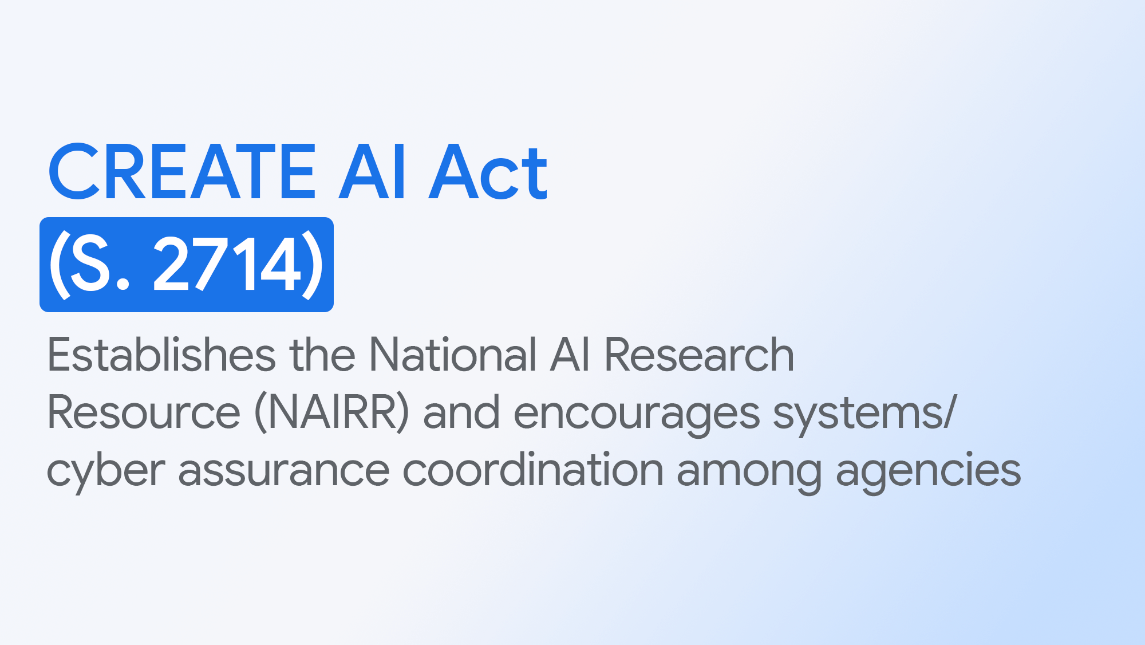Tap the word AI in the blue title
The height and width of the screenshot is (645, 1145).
click(x=372, y=172)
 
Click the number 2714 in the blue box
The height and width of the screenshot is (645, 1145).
click(x=227, y=265)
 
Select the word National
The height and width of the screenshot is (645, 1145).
click(x=453, y=355)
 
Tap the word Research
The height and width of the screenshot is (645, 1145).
click(x=699, y=355)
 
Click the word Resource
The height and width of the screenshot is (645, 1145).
click(x=144, y=412)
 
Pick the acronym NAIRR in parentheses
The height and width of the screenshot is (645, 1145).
click(x=332, y=412)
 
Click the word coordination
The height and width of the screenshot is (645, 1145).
click(x=533, y=470)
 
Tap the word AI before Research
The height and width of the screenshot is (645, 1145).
click(x=570, y=355)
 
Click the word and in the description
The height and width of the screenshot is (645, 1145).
click(x=461, y=412)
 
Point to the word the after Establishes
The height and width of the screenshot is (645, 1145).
click(x=322, y=355)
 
